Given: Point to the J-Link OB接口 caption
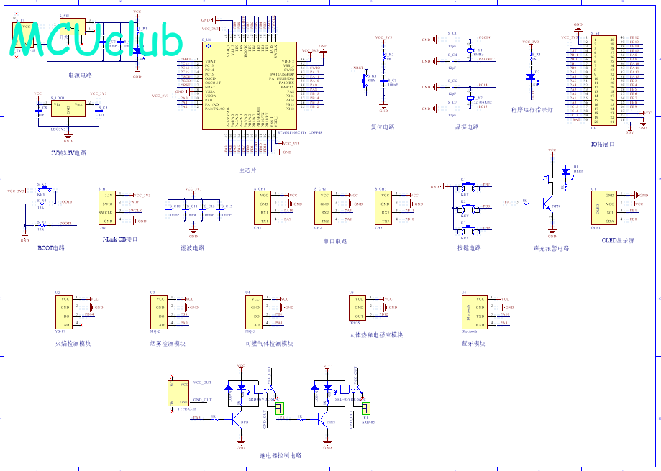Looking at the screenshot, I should (x=119, y=239).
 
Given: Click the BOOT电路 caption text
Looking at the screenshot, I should (x=51, y=248).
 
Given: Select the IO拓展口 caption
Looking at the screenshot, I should (x=603, y=145).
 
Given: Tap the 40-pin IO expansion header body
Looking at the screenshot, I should (x=603, y=80).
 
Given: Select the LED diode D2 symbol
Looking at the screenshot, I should (x=532, y=75).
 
